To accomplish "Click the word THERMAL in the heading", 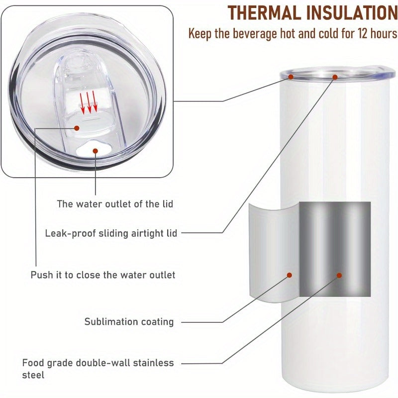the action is coord(264,13).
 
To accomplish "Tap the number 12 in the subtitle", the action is coord(362,33).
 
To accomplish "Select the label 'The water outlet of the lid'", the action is coord(115,204).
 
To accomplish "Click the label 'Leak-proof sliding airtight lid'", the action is coord(111,233).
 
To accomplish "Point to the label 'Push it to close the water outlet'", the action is coord(103,275).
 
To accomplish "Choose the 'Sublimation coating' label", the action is coord(129,322).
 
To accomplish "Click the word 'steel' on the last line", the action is coord(33,375).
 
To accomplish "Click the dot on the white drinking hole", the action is coord(95,151).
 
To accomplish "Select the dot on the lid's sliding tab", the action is coord(77,128).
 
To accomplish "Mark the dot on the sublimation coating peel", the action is coord(290,275).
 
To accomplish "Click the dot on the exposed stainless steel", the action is coord(339,276).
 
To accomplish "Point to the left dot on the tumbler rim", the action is coord(291,77).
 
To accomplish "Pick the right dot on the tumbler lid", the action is coord(335,77).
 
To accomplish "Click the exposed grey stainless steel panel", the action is coord(335,249).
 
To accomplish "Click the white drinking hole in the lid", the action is coord(93,150).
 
